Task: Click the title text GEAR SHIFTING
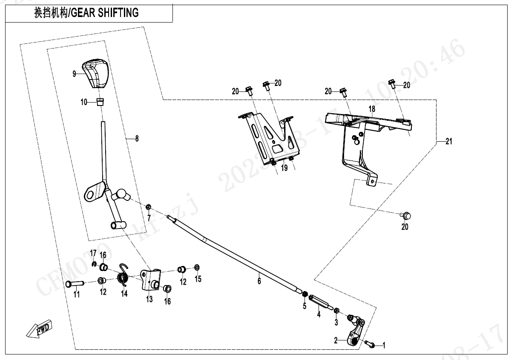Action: (x=105, y=13)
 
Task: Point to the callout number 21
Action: (x=448, y=142)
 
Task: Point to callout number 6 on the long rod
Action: (x=259, y=281)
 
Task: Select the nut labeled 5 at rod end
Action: (x=305, y=294)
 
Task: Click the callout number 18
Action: (x=372, y=109)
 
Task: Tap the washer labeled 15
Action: (x=197, y=267)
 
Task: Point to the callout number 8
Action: (x=137, y=138)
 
